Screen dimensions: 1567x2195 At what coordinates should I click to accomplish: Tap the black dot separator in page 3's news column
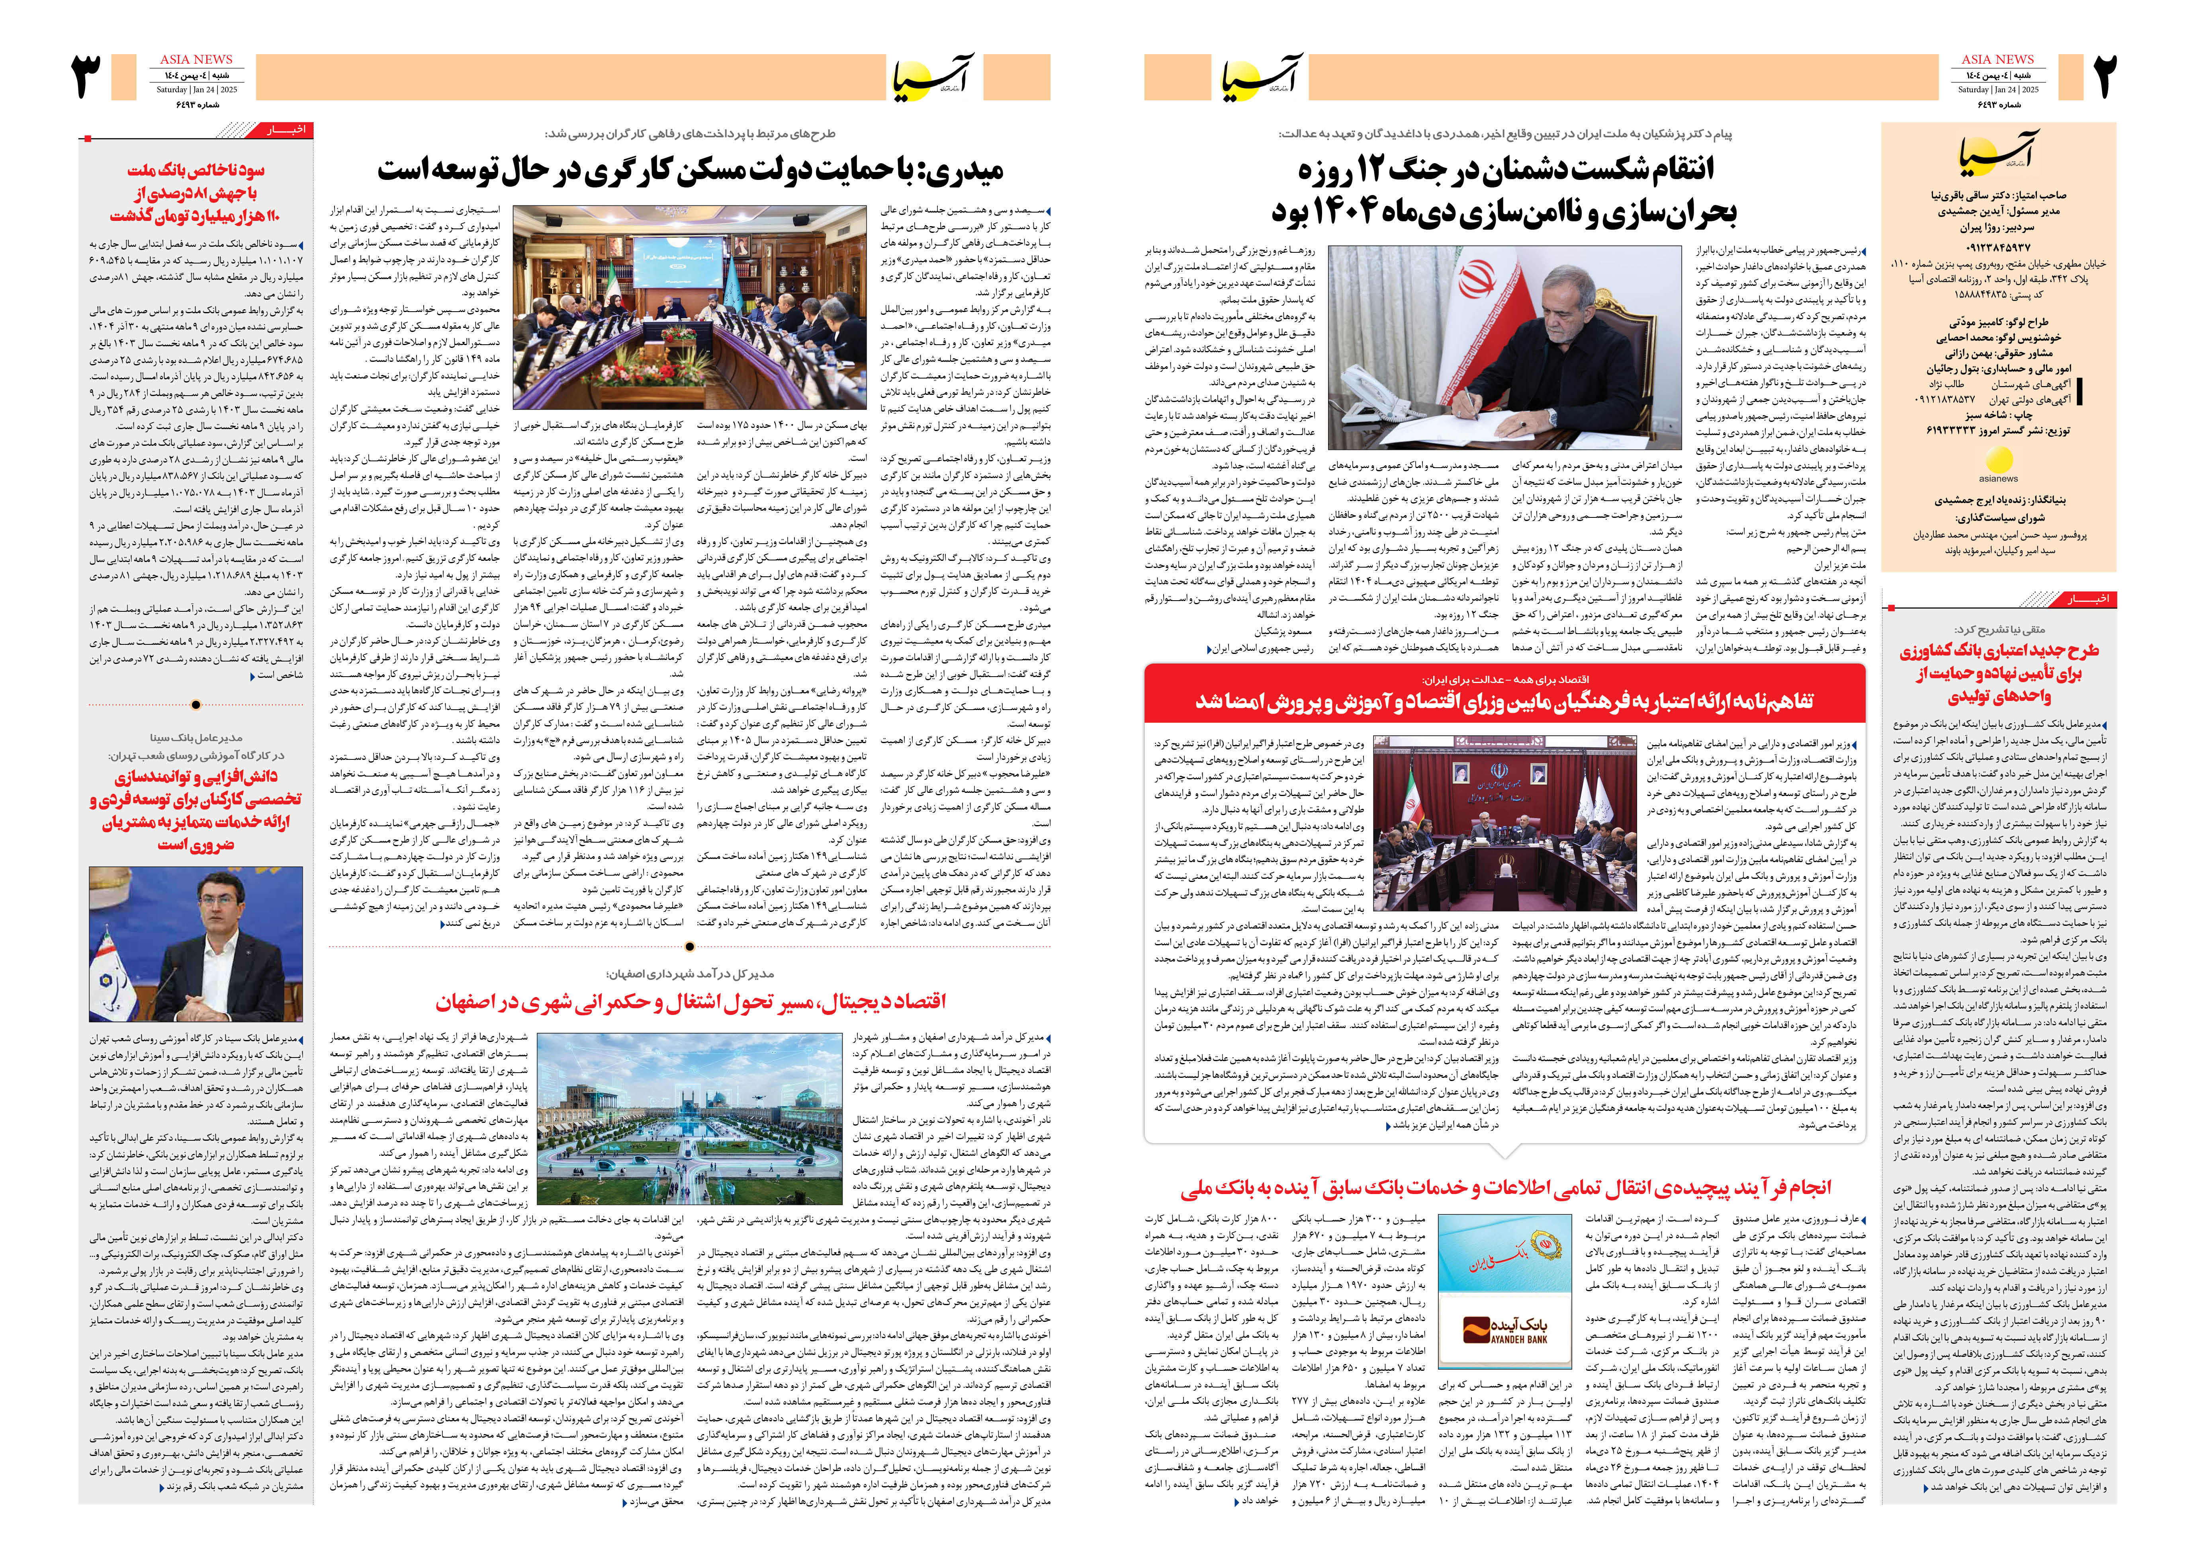point(196,704)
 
